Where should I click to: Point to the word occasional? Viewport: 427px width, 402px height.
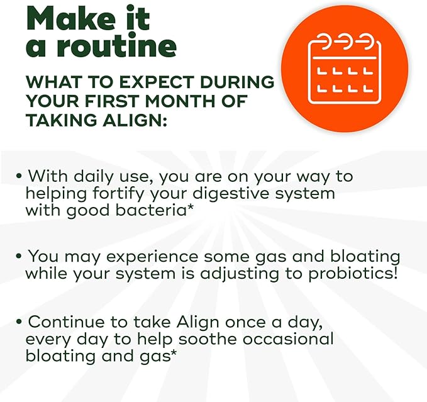[293, 338]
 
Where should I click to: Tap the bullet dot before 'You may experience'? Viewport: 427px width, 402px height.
[20, 257]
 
